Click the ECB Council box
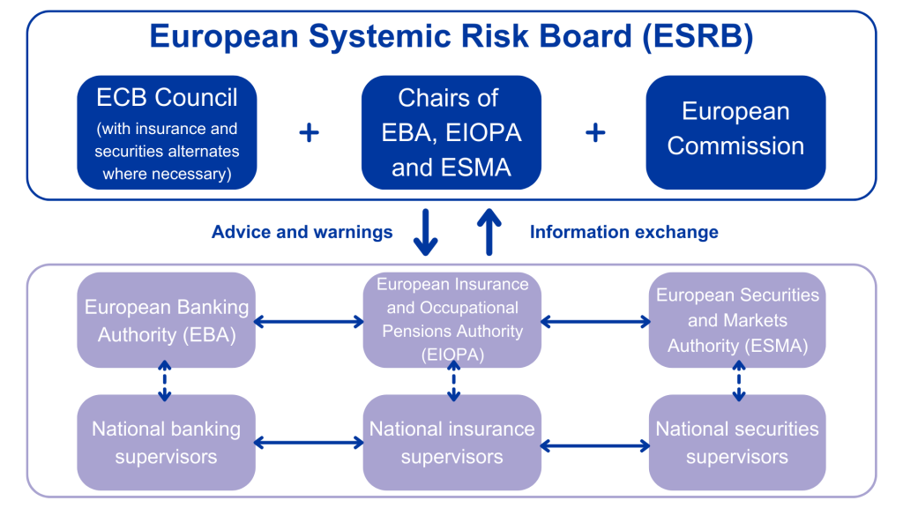(167, 132)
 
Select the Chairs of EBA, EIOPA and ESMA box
(451, 132)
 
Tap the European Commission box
(735, 132)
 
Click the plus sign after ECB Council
(309, 133)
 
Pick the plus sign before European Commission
(595, 133)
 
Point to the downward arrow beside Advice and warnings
(425, 233)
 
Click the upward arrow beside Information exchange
(489, 231)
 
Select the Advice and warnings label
(302, 232)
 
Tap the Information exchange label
(623, 232)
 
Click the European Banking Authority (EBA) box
(167, 321)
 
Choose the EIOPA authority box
(452, 320)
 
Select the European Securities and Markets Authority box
(737, 320)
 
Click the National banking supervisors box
(167, 443)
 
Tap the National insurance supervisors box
(452, 443)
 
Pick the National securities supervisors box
(737, 443)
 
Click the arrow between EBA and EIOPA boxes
(309, 322)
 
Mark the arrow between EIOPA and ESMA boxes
(595, 322)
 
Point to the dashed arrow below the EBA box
(165, 381)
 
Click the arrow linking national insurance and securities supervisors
(595, 445)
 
